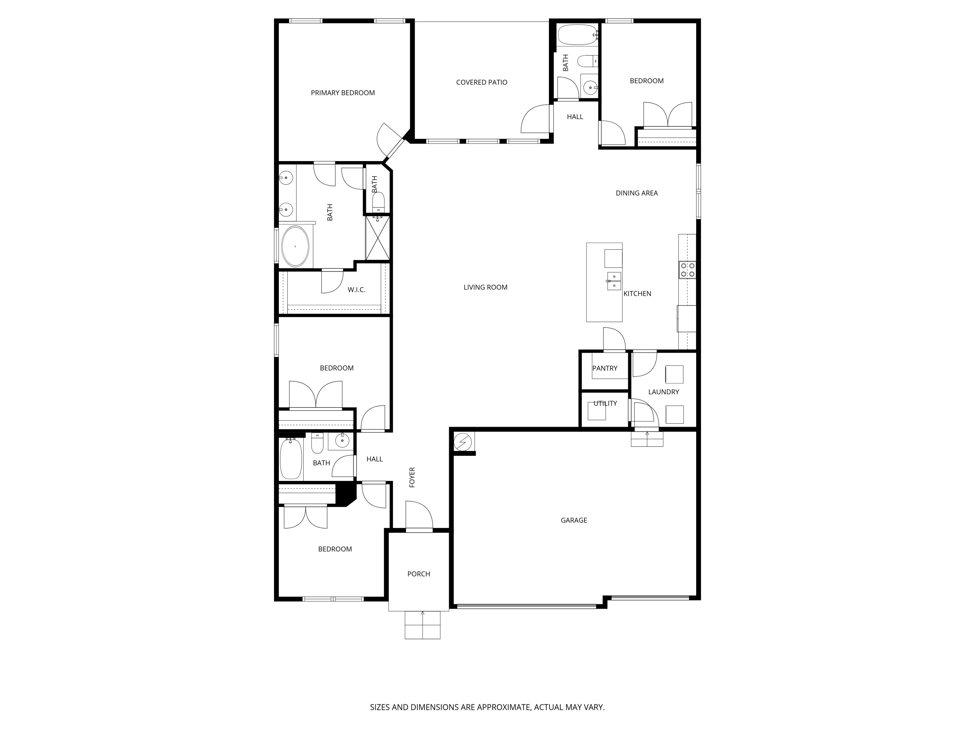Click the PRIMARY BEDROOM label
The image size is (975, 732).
tap(343, 93)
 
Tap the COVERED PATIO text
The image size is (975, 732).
tap(481, 82)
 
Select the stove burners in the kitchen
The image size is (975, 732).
tap(687, 270)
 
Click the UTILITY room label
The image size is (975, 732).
tap(605, 403)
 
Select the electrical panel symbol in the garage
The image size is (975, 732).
tap(463, 442)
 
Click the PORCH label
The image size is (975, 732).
tap(418, 574)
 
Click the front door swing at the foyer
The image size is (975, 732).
tap(419, 515)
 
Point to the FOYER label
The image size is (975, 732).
tap(412, 477)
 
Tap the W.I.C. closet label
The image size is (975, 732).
tap(356, 290)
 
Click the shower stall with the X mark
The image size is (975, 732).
tap(378, 238)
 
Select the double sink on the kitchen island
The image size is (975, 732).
tap(614, 281)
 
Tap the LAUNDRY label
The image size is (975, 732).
tap(663, 392)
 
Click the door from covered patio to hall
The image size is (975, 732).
tap(536, 119)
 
